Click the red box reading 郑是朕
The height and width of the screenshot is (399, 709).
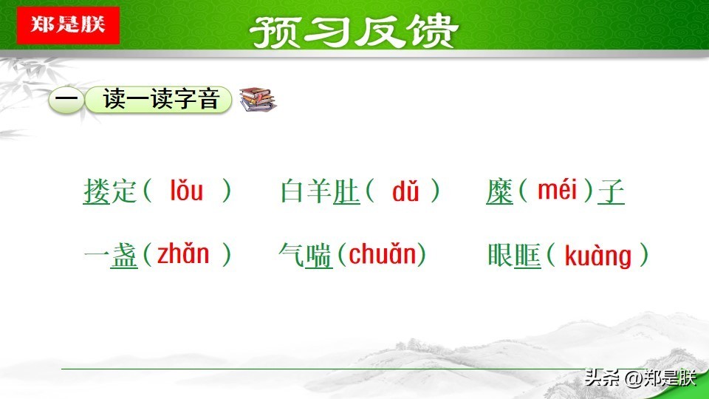pyautogui.click(x=68, y=25)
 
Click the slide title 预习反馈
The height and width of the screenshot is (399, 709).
pyautogui.click(x=354, y=31)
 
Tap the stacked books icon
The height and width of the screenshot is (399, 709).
pyautogui.click(x=258, y=100)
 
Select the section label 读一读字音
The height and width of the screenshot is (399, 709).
pyautogui.click(x=161, y=99)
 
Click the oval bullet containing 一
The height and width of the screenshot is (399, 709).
pyautogui.click(x=66, y=100)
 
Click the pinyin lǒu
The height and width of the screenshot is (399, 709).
pyautogui.click(x=186, y=191)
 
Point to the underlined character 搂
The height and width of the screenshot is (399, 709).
pyautogui.click(x=97, y=191)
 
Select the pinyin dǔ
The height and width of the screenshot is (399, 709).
pyautogui.click(x=405, y=191)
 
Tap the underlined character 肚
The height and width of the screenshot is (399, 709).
pyautogui.click(x=346, y=191)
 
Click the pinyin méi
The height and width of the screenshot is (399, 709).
pyautogui.click(x=557, y=190)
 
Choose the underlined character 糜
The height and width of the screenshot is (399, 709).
pyautogui.click(x=500, y=191)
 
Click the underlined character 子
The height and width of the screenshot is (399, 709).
pyautogui.click(x=611, y=191)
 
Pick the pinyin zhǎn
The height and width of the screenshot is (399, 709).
pyautogui.click(x=183, y=253)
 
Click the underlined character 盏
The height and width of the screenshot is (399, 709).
pyautogui.click(x=124, y=256)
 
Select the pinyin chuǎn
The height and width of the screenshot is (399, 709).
pyautogui.click(x=382, y=253)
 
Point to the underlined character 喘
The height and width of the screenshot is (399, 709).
pyautogui.click(x=319, y=256)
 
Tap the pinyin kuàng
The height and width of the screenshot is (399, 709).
pyautogui.click(x=597, y=256)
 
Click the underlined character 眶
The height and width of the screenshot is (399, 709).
pyautogui.click(x=527, y=256)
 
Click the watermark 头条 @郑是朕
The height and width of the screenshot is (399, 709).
pyautogui.click(x=640, y=378)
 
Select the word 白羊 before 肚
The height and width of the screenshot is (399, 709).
pyautogui.click(x=306, y=191)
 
